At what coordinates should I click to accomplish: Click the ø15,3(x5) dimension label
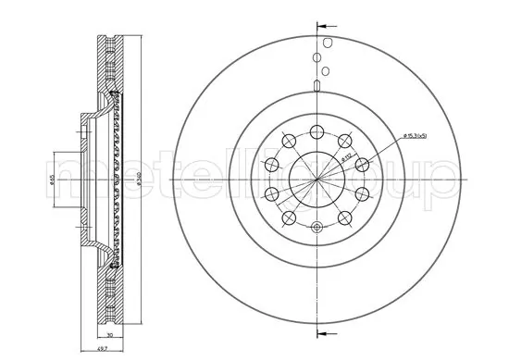point(408,137)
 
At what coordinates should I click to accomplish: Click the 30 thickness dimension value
point(111,336)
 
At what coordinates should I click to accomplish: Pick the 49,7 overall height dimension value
point(107,349)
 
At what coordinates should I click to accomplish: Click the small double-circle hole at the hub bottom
point(317,227)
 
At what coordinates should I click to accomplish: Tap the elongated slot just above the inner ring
point(317,88)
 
